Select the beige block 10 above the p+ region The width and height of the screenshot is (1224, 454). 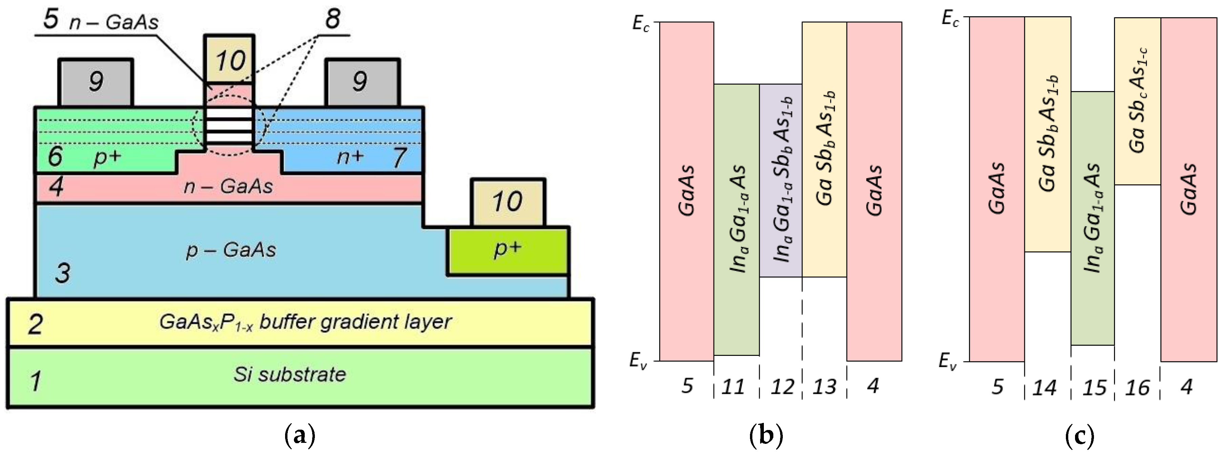(x=508, y=202)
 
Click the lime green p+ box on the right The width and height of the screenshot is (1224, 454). (x=508, y=251)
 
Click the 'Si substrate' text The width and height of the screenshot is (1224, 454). (x=289, y=375)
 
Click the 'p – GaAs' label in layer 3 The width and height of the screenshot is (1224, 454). (x=231, y=250)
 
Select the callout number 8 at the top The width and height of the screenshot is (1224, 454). (x=332, y=20)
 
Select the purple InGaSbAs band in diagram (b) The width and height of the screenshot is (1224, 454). (x=781, y=180)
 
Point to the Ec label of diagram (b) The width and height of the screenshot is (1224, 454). (x=640, y=24)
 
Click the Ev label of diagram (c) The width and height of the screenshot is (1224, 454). (x=948, y=362)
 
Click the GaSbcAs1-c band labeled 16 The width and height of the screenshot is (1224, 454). (x=1137, y=101)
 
